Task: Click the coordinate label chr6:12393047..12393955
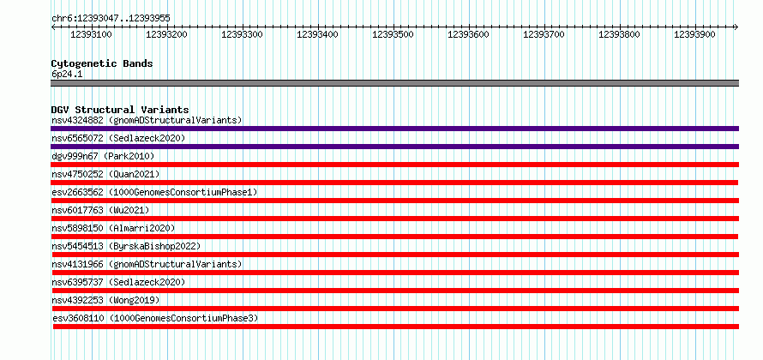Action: tap(111, 19)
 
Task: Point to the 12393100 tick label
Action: tap(92, 34)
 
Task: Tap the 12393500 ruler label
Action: tap(394, 34)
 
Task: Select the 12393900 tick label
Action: tap(695, 34)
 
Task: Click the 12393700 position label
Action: tap(544, 34)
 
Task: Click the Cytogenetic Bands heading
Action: tap(102, 63)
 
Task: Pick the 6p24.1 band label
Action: tap(68, 75)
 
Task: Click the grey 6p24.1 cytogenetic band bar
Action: tap(394, 83)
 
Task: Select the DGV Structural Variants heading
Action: tap(120, 110)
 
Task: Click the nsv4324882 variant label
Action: tap(77, 120)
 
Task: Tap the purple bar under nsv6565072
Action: tap(394, 147)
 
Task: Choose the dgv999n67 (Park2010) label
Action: tap(103, 156)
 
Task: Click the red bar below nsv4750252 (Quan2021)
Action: tap(394, 183)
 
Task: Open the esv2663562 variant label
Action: tap(77, 192)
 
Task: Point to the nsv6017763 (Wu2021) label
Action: tap(100, 210)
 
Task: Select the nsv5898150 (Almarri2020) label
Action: tap(113, 228)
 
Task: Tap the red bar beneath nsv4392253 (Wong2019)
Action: tap(394, 309)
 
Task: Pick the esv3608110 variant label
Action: tap(79, 318)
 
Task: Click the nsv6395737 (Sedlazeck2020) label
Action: tap(118, 282)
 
